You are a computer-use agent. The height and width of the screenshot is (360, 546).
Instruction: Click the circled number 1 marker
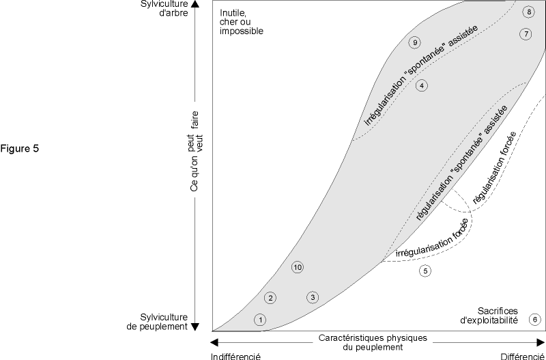[259, 319]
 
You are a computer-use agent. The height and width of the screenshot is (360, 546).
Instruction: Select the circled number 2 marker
[271, 298]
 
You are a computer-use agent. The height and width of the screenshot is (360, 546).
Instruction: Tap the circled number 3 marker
[312, 297]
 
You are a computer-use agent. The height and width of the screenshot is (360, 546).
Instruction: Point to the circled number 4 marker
[422, 86]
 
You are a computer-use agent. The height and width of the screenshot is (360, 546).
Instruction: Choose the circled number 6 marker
[535, 319]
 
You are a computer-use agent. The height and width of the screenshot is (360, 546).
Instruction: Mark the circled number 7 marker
[525, 34]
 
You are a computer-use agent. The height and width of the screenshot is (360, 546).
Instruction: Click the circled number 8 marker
[528, 12]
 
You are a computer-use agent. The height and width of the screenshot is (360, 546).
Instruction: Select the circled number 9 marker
[414, 42]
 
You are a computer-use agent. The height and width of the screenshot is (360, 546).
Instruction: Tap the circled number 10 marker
[297, 267]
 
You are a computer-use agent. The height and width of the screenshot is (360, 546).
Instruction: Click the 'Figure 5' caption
[20, 148]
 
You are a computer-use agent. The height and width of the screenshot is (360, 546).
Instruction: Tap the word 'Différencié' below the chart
[522, 356]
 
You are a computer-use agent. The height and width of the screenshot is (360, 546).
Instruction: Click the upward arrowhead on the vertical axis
[196, 4]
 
